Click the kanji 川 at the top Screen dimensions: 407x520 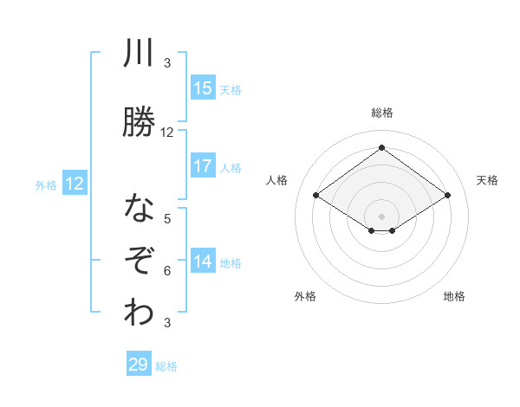click(139, 55)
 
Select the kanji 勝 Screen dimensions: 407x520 click(139, 121)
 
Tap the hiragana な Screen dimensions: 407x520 click(139, 210)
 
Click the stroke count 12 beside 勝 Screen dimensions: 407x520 click(167, 132)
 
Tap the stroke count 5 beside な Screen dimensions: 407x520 click(167, 219)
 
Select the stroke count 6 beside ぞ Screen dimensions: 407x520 click(167, 271)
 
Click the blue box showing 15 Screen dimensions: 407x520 click(203, 87)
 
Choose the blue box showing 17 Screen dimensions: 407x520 click(203, 166)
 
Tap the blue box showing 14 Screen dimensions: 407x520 click(203, 262)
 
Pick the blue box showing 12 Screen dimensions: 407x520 click(75, 184)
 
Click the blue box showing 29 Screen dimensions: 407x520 click(139, 365)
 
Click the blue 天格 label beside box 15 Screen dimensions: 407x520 click(231, 89)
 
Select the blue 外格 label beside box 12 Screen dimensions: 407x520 click(46, 184)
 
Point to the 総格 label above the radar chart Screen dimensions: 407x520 click(381, 113)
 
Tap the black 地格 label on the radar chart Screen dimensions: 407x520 click(454, 296)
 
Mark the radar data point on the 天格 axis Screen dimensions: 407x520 click(447, 196)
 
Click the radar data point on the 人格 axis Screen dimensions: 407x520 click(316, 196)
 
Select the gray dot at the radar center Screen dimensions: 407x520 click(381, 215)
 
